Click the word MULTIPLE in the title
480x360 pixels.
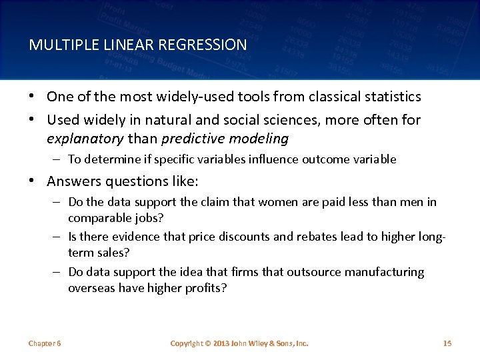tap(57, 45)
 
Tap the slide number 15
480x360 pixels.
tap(447, 343)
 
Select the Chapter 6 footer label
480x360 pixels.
tap(45, 343)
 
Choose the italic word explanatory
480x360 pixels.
tap(85, 139)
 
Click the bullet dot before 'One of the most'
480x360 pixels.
tap(33, 96)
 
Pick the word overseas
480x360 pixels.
tap(90, 288)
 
